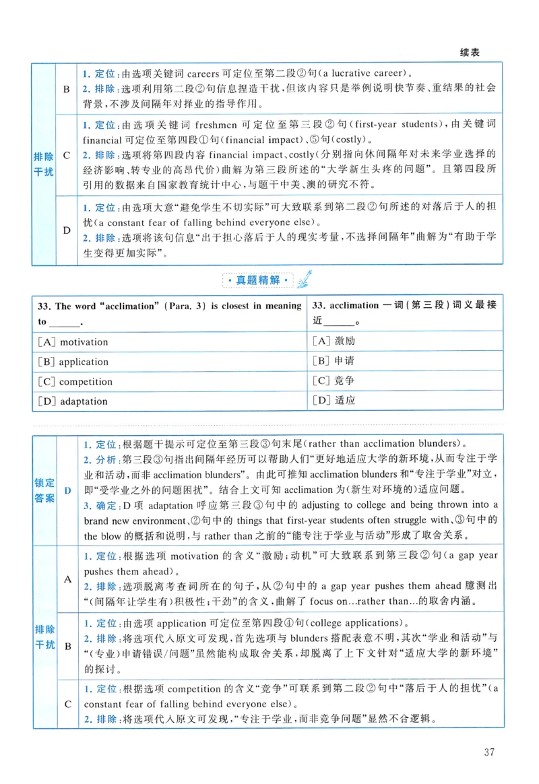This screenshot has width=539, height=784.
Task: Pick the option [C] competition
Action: pyautogui.click(x=75, y=381)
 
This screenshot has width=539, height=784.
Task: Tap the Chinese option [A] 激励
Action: pyautogui.click(x=334, y=341)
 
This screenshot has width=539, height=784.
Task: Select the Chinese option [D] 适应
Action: pyautogui.click(x=334, y=401)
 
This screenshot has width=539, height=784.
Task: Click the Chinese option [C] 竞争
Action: pyautogui.click(x=334, y=381)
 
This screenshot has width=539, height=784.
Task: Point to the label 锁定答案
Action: pyautogui.click(x=45, y=491)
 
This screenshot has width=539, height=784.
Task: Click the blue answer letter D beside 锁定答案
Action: pyautogui.click(x=67, y=491)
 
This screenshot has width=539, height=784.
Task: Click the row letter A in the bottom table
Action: pyautogui.click(x=67, y=579)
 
